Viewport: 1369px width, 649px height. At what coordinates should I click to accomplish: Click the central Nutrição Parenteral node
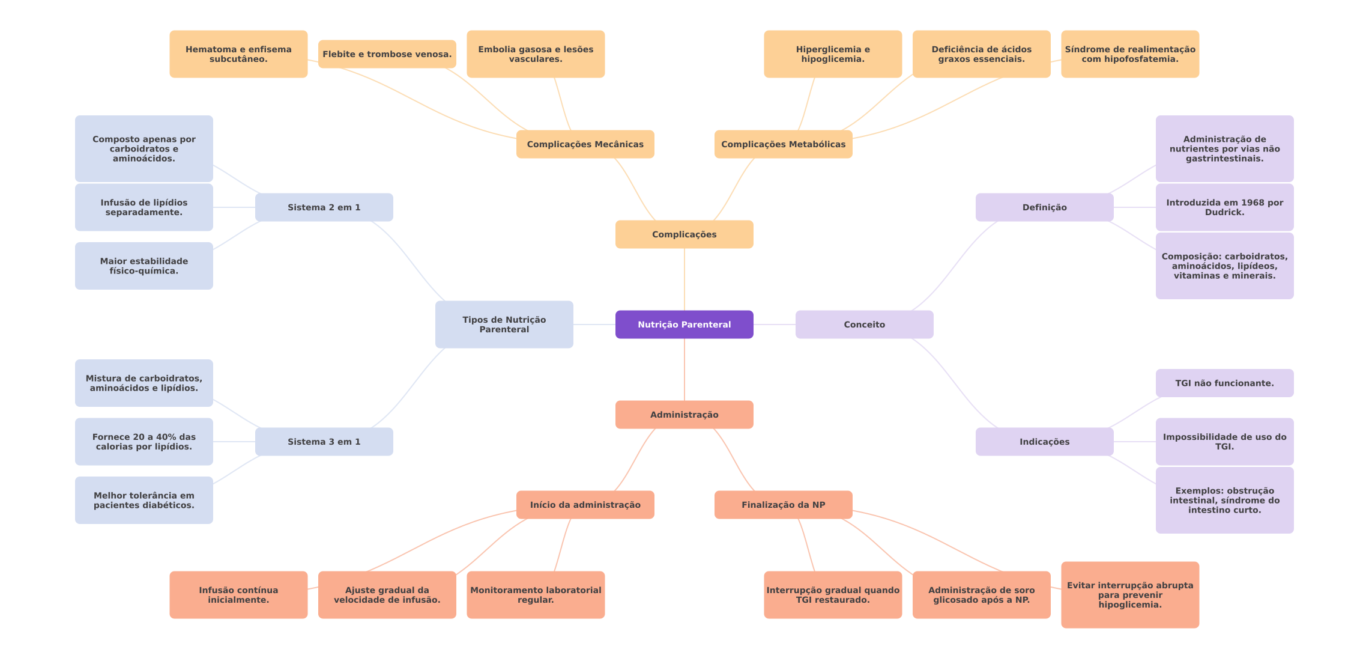tap(684, 324)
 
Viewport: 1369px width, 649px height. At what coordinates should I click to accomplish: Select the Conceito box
tap(864, 324)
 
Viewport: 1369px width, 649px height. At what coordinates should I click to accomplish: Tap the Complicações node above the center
tap(684, 234)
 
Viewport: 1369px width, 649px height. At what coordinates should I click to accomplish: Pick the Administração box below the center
tap(684, 415)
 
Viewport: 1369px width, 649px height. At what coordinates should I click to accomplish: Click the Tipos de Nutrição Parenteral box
tap(504, 324)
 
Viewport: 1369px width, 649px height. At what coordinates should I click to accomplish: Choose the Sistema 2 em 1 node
tap(324, 207)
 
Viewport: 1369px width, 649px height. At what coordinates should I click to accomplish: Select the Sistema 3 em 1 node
tap(324, 442)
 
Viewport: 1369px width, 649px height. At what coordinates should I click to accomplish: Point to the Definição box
tap(1044, 207)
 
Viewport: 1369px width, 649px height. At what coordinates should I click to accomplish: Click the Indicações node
tap(1044, 442)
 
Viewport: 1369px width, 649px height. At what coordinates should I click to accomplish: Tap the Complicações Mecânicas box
tap(585, 144)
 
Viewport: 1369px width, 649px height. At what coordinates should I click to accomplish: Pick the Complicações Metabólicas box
tap(783, 144)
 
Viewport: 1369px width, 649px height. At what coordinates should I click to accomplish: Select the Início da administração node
tap(585, 505)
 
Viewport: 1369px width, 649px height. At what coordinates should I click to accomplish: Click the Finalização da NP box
tap(783, 505)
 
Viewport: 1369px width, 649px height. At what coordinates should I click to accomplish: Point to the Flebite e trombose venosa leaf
tap(387, 54)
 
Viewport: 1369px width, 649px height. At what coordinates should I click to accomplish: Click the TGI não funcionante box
tap(1224, 383)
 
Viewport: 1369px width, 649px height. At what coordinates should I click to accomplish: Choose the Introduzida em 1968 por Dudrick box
tap(1224, 207)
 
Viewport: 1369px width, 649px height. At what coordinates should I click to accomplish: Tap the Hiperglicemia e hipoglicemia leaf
tap(833, 54)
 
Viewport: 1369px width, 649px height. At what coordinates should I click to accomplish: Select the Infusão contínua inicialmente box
tap(238, 595)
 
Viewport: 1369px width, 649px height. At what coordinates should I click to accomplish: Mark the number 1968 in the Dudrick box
tap(1242, 203)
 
